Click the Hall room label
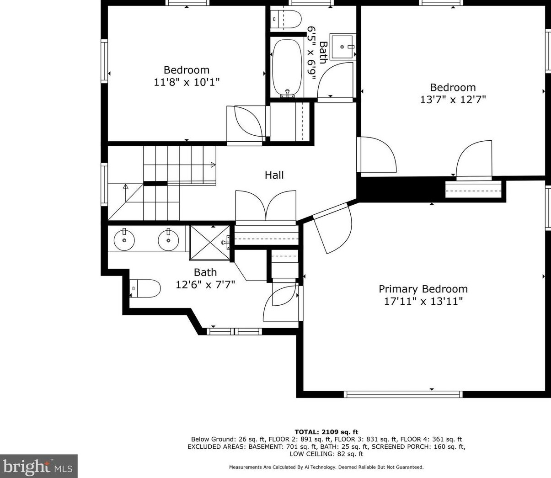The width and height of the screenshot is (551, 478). click(x=274, y=175)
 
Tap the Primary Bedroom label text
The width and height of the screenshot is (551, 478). click(x=423, y=289)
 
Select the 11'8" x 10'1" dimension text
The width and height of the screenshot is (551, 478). click(x=187, y=82)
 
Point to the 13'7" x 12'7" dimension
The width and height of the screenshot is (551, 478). click(x=453, y=100)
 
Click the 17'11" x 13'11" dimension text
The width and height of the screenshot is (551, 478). click(x=423, y=301)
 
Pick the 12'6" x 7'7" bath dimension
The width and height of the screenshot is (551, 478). click(x=205, y=285)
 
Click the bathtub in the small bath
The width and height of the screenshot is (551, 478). click(x=287, y=68)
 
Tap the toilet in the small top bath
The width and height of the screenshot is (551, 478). click(x=287, y=20)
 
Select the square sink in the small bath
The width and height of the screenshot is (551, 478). click(x=342, y=47)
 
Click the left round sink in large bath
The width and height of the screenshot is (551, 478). click(x=124, y=240)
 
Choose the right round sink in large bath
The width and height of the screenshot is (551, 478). click(x=168, y=240)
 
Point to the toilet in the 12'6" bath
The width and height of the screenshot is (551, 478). click(x=145, y=288)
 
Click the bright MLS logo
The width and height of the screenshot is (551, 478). click(x=38, y=467)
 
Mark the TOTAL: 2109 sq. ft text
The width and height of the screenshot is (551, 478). click(x=326, y=432)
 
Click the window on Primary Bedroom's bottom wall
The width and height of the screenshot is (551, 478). click(x=403, y=394)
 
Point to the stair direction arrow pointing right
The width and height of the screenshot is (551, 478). click(x=213, y=165)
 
